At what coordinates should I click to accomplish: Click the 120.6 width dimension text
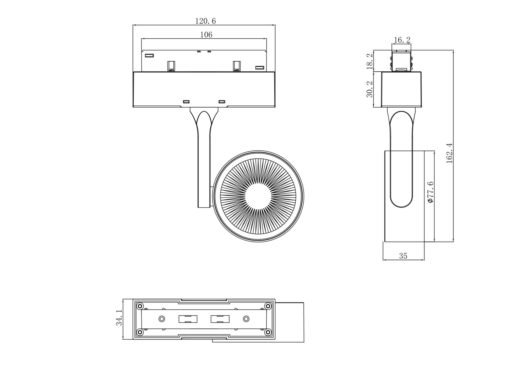coord(205,21)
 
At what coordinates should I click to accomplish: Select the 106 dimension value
coord(206,35)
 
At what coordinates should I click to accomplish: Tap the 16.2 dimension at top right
coord(402,40)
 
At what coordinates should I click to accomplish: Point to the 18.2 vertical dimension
coord(370,61)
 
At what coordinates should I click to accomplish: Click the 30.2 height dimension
coord(370,89)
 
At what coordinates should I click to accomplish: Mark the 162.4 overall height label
coord(449,153)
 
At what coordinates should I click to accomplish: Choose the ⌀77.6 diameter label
coord(430,192)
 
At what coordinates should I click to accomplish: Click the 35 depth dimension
coord(403,256)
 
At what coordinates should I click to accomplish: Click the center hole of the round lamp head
coord(258,196)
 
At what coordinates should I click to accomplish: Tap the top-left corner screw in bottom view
coord(140,306)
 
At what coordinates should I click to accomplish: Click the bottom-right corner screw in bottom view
coord(268,332)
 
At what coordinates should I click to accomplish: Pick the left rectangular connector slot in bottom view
coord(188,319)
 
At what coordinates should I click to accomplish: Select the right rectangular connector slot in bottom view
coord(220,319)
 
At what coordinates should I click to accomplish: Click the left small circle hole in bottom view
coord(162,319)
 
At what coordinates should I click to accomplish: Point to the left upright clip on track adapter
coord(171,66)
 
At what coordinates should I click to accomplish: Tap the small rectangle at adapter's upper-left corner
coord(149,55)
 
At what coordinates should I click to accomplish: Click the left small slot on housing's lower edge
coord(186,102)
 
